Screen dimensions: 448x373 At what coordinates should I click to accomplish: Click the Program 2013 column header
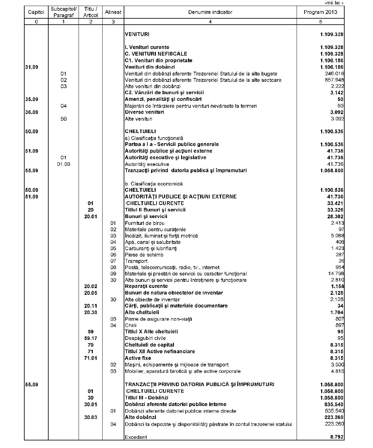point(320,12)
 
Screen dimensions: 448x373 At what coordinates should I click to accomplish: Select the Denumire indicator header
point(210,12)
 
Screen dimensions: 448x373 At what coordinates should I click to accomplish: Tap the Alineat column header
point(113,12)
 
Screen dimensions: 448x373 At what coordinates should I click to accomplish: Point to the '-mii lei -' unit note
point(334,3)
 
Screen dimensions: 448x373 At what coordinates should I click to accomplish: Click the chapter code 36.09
point(32,112)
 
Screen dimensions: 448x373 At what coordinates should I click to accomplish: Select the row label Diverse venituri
point(144,112)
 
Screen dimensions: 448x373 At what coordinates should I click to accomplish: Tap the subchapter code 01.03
point(63,164)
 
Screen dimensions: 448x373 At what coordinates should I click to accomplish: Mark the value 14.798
point(336,274)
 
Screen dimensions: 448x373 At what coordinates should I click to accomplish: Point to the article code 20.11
point(91,306)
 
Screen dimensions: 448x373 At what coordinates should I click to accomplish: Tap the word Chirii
point(131,325)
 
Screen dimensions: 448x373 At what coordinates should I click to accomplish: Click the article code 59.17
point(91,338)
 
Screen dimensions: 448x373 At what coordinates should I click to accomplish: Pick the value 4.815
point(337,371)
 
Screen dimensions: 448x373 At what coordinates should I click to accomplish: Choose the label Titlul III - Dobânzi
point(146,398)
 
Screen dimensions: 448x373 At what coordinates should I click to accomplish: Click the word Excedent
point(136,437)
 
